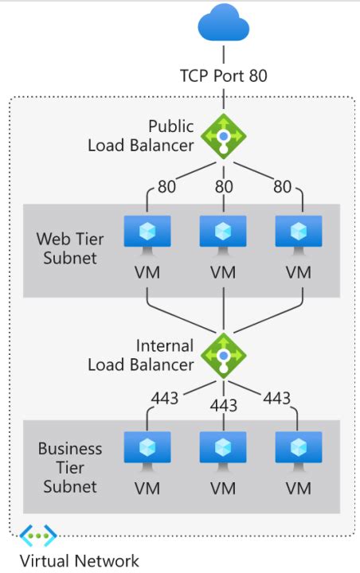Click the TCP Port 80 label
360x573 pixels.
click(x=224, y=76)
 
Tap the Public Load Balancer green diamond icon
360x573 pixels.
click(x=224, y=137)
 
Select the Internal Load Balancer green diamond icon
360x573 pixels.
click(x=224, y=355)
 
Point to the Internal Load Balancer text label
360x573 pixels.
click(x=152, y=355)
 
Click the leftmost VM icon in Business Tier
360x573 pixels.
click(x=148, y=449)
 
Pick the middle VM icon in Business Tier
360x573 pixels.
click(x=224, y=449)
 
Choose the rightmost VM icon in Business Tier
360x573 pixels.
click(x=299, y=449)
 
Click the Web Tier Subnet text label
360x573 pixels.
click(x=67, y=248)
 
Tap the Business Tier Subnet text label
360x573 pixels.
click(x=70, y=467)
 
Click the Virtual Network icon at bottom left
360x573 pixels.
click(x=38, y=536)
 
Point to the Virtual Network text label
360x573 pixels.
click(x=79, y=561)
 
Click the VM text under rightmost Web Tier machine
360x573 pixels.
click(x=299, y=272)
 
